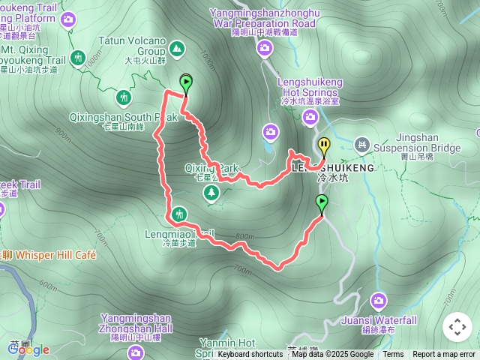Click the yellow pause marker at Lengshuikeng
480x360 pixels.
coord(324,145)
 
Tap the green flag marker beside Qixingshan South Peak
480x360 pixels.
coord(185,82)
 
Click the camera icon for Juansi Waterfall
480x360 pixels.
coord(379,301)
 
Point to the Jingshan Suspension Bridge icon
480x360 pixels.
coord(362,143)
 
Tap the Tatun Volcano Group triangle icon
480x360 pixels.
coord(177,49)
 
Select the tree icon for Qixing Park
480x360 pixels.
coord(212,193)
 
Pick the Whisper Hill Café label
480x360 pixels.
coord(52,255)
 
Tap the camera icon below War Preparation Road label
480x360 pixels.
coord(264,49)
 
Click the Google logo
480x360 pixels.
coord(28,349)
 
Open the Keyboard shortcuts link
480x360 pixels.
coord(250,355)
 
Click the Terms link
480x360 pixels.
coord(393,355)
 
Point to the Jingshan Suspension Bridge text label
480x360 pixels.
coord(417,143)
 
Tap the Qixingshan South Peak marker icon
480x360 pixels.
coord(123,97)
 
